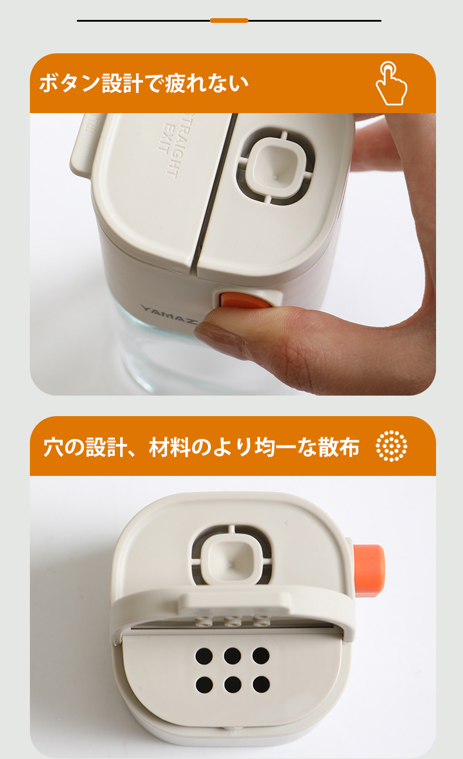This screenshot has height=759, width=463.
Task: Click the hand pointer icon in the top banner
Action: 391,84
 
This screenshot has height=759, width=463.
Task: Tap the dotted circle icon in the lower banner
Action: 391,446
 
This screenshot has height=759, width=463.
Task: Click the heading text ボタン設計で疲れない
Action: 144,84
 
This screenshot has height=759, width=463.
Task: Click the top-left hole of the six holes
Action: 204,656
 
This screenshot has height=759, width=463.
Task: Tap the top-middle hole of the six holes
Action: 233,656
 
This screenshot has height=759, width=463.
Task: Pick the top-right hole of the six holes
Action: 261,656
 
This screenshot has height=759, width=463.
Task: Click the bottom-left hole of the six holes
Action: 204,684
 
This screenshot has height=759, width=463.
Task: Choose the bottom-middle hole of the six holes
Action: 233,684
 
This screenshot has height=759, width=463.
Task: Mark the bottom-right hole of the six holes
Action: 261,684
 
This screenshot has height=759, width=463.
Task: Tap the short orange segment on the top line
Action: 229,21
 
